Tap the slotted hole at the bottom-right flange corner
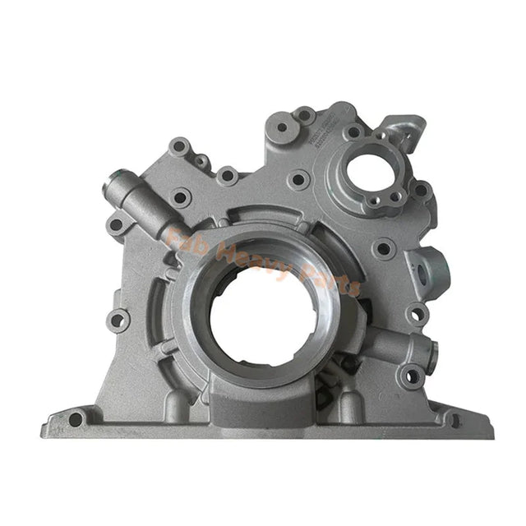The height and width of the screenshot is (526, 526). [454, 419]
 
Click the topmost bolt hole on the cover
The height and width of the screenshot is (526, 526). [303, 116]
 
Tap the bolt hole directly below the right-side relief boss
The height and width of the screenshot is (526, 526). [412, 377]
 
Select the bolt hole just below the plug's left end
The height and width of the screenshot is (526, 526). [117, 224]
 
